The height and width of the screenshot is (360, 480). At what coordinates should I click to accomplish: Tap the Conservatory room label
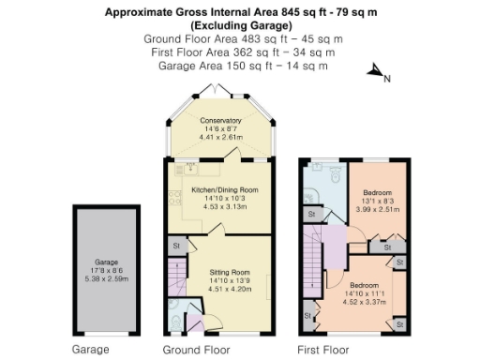(x=220, y=128)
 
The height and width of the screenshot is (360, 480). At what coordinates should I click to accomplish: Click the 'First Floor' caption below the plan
(x=326, y=350)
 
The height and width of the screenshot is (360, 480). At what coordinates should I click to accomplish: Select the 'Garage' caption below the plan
(x=91, y=350)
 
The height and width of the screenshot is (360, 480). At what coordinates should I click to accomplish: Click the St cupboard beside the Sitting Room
(x=175, y=246)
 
